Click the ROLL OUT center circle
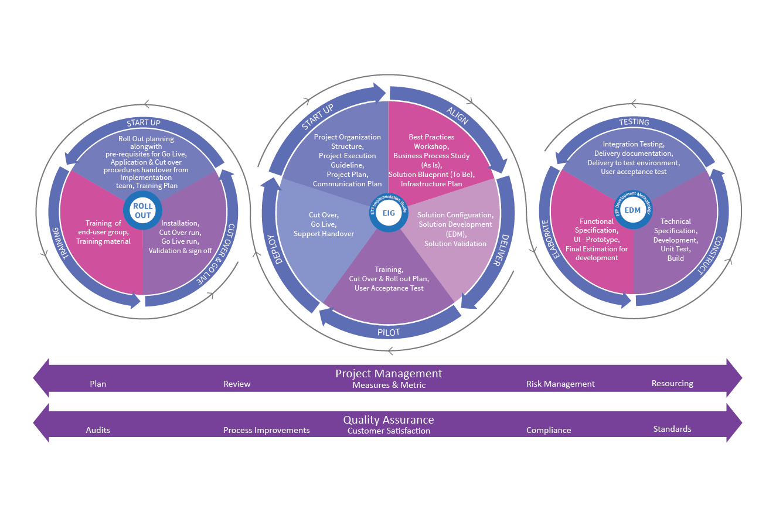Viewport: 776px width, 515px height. click(x=142, y=210)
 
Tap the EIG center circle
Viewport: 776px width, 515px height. click(x=389, y=213)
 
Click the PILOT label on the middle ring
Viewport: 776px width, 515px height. click(x=389, y=332)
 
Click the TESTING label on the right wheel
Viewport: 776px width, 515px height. click(x=634, y=122)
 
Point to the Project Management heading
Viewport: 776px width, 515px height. click(x=389, y=373)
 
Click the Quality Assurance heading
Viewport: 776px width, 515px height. click(x=389, y=419)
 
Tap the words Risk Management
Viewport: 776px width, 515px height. click(x=560, y=384)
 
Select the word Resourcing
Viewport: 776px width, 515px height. click(x=672, y=384)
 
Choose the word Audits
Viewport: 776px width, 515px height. click(x=98, y=430)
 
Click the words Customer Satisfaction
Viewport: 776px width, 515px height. click(x=389, y=431)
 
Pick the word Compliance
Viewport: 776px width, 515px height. click(x=549, y=430)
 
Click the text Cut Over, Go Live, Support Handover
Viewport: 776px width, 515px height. click(x=324, y=224)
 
